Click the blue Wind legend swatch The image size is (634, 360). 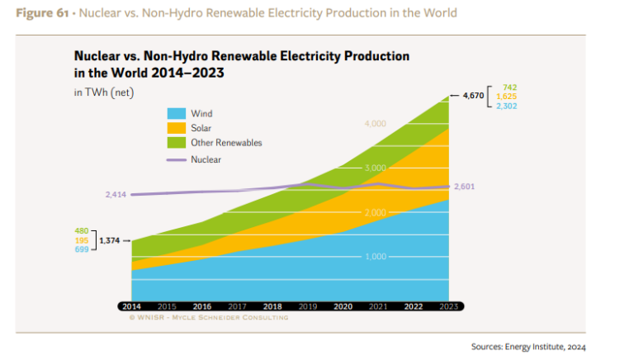pos(176,113)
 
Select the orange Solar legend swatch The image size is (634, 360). pos(176,128)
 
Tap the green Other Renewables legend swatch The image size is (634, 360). pos(176,143)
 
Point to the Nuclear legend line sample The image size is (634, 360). pos(176,159)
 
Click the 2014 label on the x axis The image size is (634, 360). pos(130,306)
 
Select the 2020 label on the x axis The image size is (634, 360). pos(343,306)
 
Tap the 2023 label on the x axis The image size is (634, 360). pos(448,306)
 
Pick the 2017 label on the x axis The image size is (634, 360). pos(237,306)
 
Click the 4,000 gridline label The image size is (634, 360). pos(375,124)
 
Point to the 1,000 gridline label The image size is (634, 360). pos(375,257)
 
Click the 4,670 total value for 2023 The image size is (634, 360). pos(473,96)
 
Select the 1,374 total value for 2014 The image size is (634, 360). pos(110,240)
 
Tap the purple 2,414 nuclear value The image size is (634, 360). pos(116,195)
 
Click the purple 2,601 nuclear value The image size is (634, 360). pos(465,187)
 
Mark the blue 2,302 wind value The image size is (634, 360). pos(507,106)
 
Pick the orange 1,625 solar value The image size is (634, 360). pos(507,96)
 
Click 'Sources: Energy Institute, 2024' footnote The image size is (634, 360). pos(528,347)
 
